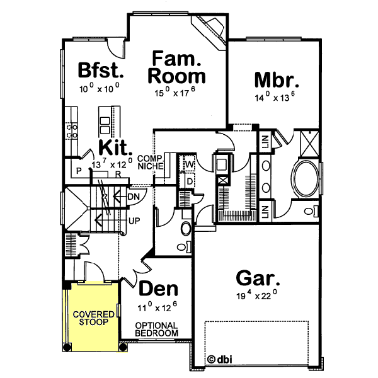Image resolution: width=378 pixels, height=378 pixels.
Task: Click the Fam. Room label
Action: pyautogui.click(x=177, y=68)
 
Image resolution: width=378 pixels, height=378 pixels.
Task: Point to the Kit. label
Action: pyautogui.click(x=114, y=149)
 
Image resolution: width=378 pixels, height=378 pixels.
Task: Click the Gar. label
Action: pyautogui.click(x=258, y=277)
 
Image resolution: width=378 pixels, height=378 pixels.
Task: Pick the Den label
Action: pyautogui.click(x=157, y=289)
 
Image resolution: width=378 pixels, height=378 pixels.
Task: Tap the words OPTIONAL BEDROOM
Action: pyautogui.click(x=157, y=328)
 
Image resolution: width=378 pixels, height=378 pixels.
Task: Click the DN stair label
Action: pyautogui.click(x=133, y=197)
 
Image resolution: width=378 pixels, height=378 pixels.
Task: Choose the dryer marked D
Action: pyautogui.click(x=189, y=181)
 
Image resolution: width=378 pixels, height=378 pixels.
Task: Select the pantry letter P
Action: pyautogui.click(x=79, y=171)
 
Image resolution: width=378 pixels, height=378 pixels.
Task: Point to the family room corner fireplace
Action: pyautogui.click(x=212, y=28)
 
